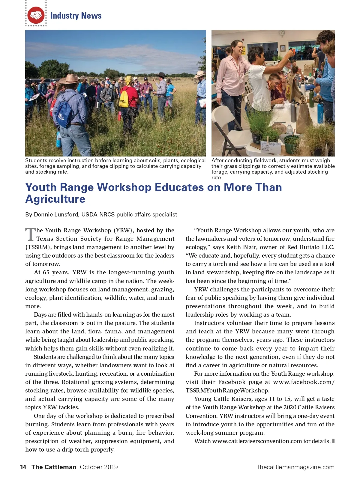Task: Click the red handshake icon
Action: (36, 15)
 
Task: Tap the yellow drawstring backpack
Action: (124, 99)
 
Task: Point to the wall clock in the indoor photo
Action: (282, 33)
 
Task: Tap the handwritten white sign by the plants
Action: (269, 147)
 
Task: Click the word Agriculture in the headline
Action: (55, 199)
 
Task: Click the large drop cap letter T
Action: (30, 234)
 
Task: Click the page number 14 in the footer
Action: (23, 467)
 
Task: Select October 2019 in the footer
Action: (99, 467)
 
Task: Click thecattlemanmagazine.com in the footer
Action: (296, 467)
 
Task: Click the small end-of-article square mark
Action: (333, 441)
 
